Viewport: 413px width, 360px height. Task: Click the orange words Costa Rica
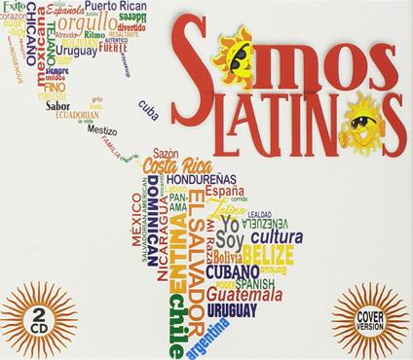(176, 165)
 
